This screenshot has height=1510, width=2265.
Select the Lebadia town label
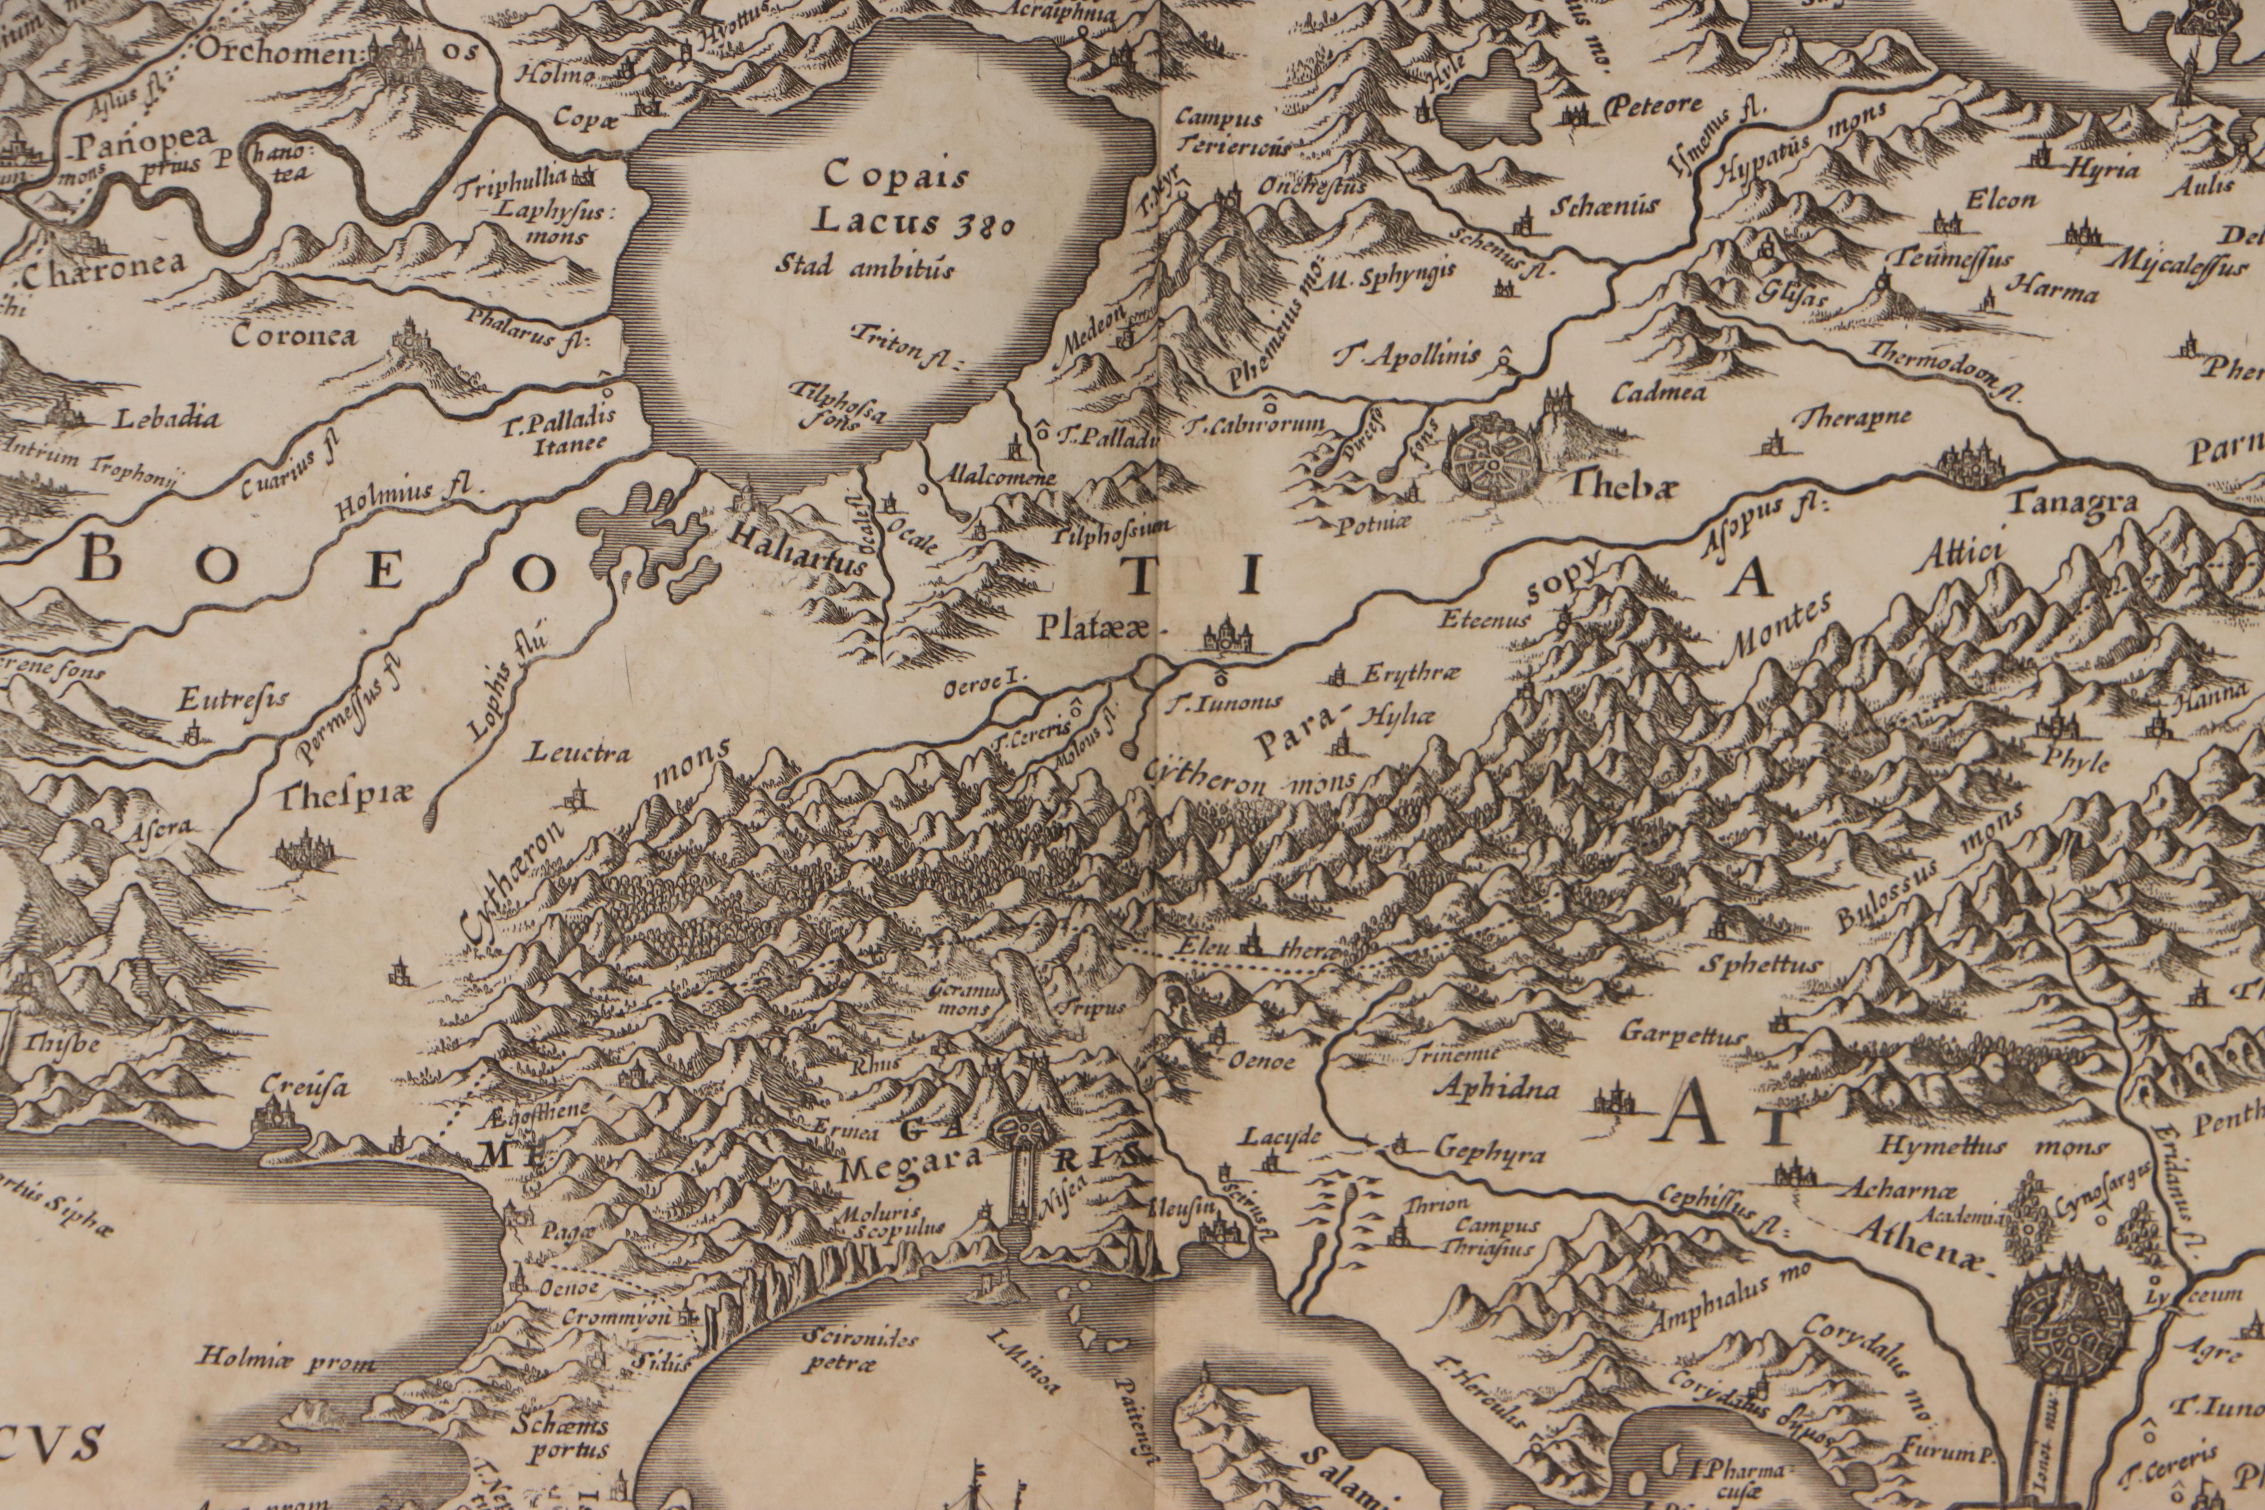tap(168, 419)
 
